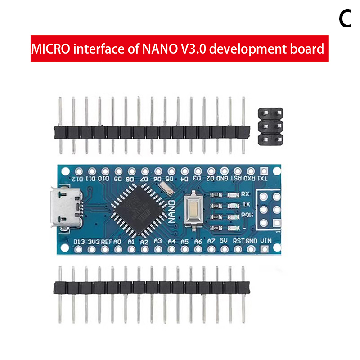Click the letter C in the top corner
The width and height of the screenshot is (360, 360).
(x=345, y=18)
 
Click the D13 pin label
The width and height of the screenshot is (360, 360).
(x=79, y=242)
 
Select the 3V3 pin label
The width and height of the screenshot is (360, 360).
(x=94, y=242)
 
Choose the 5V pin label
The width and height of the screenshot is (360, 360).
(x=224, y=241)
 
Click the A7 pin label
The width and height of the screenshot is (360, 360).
(x=211, y=241)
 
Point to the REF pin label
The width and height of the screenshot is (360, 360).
(x=107, y=242)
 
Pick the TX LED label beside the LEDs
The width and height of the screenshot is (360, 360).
(x=246, y=204)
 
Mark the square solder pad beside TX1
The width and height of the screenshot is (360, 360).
(x=264, y=171)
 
